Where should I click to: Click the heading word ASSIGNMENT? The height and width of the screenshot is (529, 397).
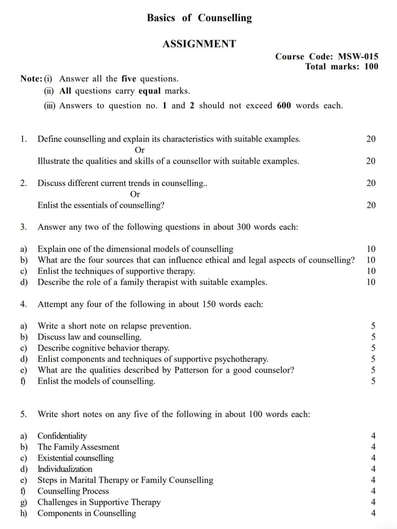[199, 44]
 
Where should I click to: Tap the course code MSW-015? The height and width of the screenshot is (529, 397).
[358, 56]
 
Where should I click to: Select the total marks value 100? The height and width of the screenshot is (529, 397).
[371, 67]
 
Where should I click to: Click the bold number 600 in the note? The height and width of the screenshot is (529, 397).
[284, 106]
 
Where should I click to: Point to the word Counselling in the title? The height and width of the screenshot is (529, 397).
[225, 18]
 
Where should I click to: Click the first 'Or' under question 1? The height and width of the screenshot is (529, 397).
[140, 150]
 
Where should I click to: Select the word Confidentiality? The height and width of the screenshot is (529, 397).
[62, 436]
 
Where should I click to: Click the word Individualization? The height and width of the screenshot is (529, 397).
[65, 469]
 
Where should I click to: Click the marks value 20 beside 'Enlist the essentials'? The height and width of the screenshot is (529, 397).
[371, 205]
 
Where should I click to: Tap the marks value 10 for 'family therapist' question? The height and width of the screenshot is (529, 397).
[371, 282]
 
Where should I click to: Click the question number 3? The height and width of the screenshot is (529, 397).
[24, 227]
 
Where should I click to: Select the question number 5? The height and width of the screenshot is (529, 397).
[24, 414]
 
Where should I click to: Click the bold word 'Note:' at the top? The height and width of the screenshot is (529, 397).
[31, 79]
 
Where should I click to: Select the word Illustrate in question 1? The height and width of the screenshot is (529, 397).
[55, 161]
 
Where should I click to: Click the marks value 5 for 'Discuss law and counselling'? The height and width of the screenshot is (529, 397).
[373, 337]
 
